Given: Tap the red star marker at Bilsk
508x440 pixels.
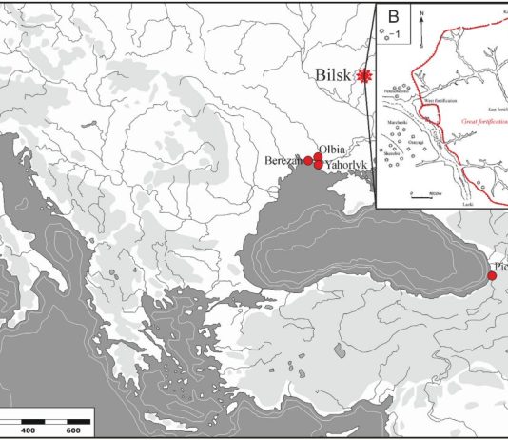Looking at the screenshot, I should click(361, 77).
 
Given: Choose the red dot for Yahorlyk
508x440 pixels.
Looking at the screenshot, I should click(319, 164).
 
